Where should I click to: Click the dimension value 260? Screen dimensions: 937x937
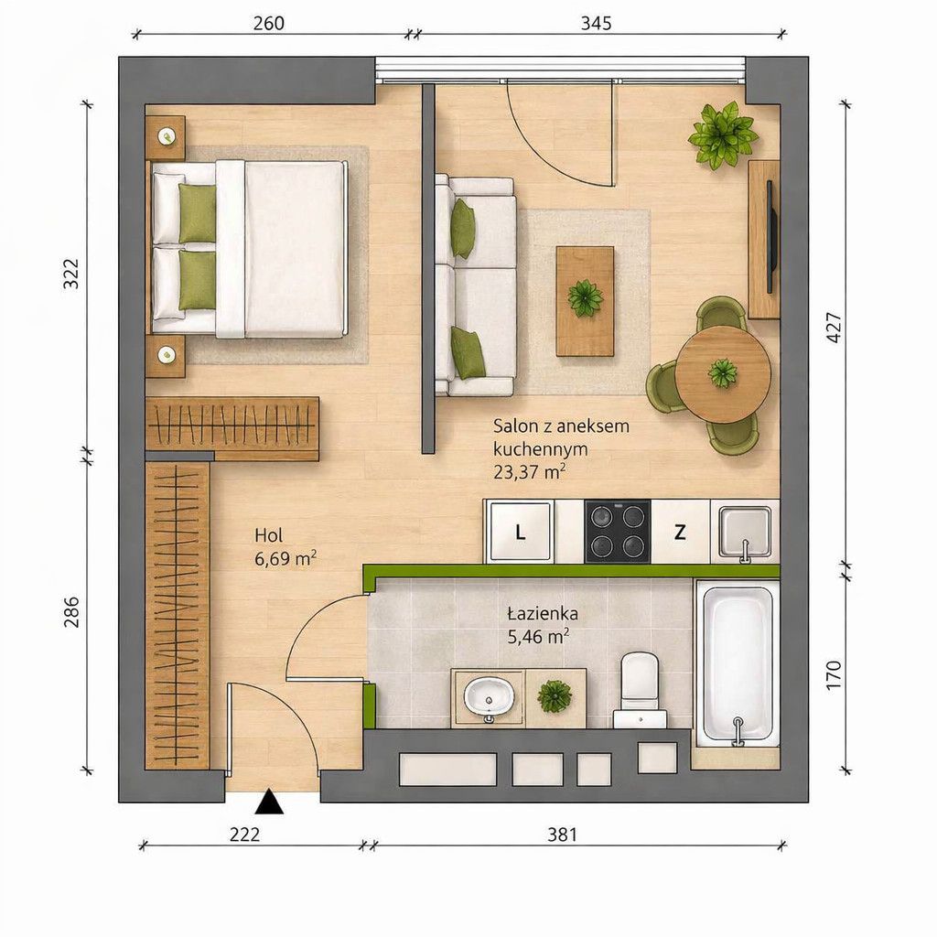tap(268, 23)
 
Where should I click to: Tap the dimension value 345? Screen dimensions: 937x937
tap(596, 23)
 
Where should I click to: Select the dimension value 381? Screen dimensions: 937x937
tap(563, 835)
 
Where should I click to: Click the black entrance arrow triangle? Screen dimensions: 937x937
tap(269, 802)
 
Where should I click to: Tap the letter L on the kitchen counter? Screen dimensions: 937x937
tap(521, 533)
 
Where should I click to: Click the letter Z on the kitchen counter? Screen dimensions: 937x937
tap(680, 532)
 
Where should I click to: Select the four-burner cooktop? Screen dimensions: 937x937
tap(618, 532)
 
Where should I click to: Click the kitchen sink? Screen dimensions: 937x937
tap(745, 533)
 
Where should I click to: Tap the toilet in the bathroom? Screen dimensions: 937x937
tap(640, 690)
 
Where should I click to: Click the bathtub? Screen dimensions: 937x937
tap(738, 663)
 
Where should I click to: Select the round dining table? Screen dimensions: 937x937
tap(724, 374)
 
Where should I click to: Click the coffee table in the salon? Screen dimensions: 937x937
tap(585, 301)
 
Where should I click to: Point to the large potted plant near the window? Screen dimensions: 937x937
tap(723, 135)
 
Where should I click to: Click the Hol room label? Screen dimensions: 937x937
tap(269, 534)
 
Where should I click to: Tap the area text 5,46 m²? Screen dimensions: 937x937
tap(538, 637)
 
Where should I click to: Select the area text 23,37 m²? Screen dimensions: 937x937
tap(530, 472)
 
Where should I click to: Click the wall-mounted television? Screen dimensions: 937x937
tap(772, 237)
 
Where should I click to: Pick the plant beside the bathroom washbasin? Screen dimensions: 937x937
tap(555, 696)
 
